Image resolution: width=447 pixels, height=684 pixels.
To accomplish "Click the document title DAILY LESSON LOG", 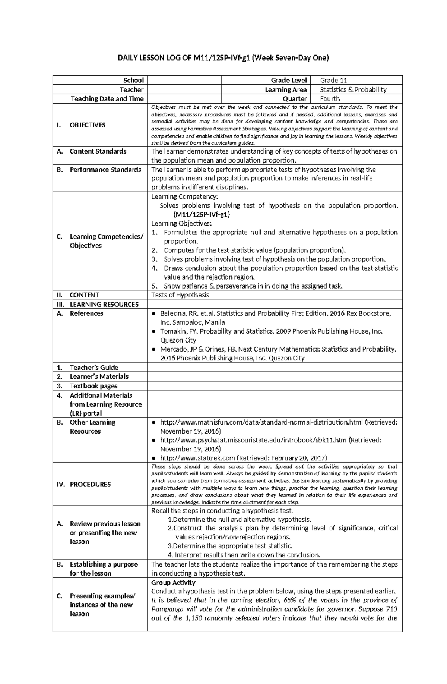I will tap(223, 58).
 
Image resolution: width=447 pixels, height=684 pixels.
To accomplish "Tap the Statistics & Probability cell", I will tap(353, 89).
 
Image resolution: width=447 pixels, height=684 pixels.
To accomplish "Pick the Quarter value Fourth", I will tap(330, 99).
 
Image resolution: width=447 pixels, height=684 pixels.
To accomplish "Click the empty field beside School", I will tap(184, 80).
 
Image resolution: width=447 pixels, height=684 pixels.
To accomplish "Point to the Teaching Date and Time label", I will tap(107, 99).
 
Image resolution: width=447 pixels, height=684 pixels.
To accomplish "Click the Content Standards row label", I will tap(98, 151).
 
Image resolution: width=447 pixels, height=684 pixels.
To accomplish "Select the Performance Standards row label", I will tap(105, 170).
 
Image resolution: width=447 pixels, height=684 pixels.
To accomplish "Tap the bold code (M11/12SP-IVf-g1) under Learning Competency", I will tap(202, 215).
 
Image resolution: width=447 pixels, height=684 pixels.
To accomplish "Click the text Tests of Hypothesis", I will tap(180, 295).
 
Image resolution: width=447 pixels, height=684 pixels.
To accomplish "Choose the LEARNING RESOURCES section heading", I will tap(104, 304).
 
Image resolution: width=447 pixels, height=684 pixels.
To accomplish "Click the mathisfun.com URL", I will tap(261, 422).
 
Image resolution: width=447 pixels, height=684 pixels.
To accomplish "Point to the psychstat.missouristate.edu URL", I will tap(253, 440).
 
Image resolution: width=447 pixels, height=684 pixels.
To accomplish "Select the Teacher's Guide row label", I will tap(94, 367).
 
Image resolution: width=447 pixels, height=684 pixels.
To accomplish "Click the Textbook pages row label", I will tap(93, 386).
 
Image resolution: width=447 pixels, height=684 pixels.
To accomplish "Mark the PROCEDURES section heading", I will tap(90, 484).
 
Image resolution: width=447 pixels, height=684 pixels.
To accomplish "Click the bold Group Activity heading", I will tap(173, 583).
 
